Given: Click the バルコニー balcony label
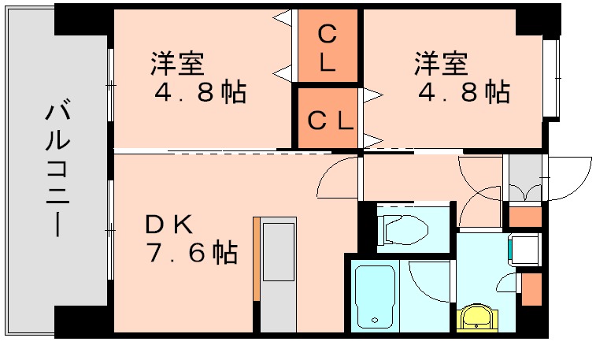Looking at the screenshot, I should pos(56,169).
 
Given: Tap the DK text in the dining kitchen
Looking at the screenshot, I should pos(168,225).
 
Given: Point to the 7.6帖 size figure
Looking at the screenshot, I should pos(191,253).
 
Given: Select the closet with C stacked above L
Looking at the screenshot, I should pos(328,48).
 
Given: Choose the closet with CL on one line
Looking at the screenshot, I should pos(328,120).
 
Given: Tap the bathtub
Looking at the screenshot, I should pos(375,296).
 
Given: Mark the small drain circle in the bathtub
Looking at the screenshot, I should pos(376,320).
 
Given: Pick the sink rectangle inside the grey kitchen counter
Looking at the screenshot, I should pos(278,251).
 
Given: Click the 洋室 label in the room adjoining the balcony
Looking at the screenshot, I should pos(177,63).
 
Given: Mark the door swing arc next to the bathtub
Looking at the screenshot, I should pos(426,282).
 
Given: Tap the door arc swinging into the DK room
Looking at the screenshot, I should pos(336,180).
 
